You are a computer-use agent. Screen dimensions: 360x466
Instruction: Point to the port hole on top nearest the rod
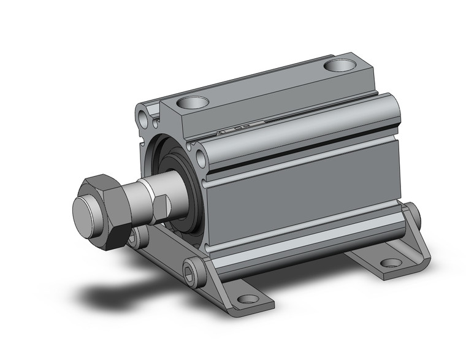click(196, 102)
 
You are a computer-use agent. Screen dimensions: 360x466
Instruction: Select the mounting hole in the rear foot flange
click(391, 263)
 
